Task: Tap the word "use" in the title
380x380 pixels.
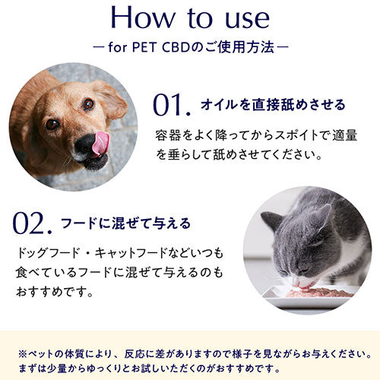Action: pyautogui.click(x=248, y=19)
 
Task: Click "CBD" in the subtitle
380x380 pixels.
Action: pyautogui.click(x=176, y=47)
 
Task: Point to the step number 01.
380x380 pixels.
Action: pyautogui.click(x=172, y=105)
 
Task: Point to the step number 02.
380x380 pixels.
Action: pyautogui.click(x=33, y=223)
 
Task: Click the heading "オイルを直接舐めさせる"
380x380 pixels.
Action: pyautogui.click(x=273, y=105)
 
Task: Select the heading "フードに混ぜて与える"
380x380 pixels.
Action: pyautogui.click(x=125, y=223)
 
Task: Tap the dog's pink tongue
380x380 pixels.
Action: pyautogui.click(x=100, y=143)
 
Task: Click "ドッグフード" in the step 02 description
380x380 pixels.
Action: pyautogui.click(x=48, y=253)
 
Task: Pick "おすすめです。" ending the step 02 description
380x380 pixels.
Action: pyautogui.click(x=55, y=292)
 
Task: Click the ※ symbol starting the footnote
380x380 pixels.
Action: pyautogui.click(x=23, y=354)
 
